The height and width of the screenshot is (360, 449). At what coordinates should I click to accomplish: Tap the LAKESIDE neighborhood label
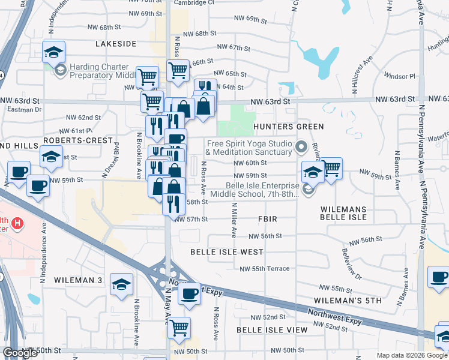(x=116, y=44)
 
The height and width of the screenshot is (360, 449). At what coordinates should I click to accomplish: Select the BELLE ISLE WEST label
(x=227, y=252)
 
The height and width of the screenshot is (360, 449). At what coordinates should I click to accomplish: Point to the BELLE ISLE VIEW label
(x=272, y=330)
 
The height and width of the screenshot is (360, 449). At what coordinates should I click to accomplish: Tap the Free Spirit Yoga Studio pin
(x=301, y=146)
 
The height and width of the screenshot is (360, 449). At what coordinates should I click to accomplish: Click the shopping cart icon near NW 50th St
(x=179, y=328)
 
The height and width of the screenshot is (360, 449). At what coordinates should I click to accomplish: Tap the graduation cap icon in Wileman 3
(x=122, y=283)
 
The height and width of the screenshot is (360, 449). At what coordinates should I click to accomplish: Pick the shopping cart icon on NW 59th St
(x=331, y=169)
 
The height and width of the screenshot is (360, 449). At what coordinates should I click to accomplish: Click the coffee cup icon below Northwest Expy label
(x=190, y=293)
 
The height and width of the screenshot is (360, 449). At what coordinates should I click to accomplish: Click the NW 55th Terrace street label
(x=265, y=268)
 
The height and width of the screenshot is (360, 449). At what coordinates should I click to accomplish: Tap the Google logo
(x=20, y=353)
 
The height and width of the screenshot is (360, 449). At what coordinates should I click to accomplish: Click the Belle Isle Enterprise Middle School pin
(x=308, y=189)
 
